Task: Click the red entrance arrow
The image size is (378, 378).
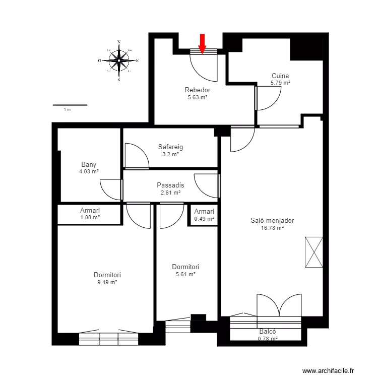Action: coord(202,43)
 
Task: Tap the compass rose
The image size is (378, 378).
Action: coord(119,60)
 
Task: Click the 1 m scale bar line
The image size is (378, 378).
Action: coord(70,105)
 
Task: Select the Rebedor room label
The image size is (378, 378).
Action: coord(198,90)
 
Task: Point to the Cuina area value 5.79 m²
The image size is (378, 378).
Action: coord(280,83)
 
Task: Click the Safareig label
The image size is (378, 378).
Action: coord(170,147)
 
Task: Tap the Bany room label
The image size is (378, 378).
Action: coord(89,164)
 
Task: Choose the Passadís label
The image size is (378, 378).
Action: coord(170,185)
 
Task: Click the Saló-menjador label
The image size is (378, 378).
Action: coord(272,220)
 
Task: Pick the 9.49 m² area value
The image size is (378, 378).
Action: coord(107,282)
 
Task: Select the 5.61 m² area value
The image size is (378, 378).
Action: coord(185,274)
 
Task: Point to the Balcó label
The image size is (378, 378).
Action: coord(268,332)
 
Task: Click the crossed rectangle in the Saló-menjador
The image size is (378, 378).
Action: coord(314,252)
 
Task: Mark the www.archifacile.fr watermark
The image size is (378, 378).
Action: coord(328,370)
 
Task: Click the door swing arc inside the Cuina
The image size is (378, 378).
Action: coord(274,103)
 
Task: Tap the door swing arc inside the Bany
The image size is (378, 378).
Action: coord(106,193)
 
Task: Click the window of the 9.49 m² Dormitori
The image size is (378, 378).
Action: coord(109,339)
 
